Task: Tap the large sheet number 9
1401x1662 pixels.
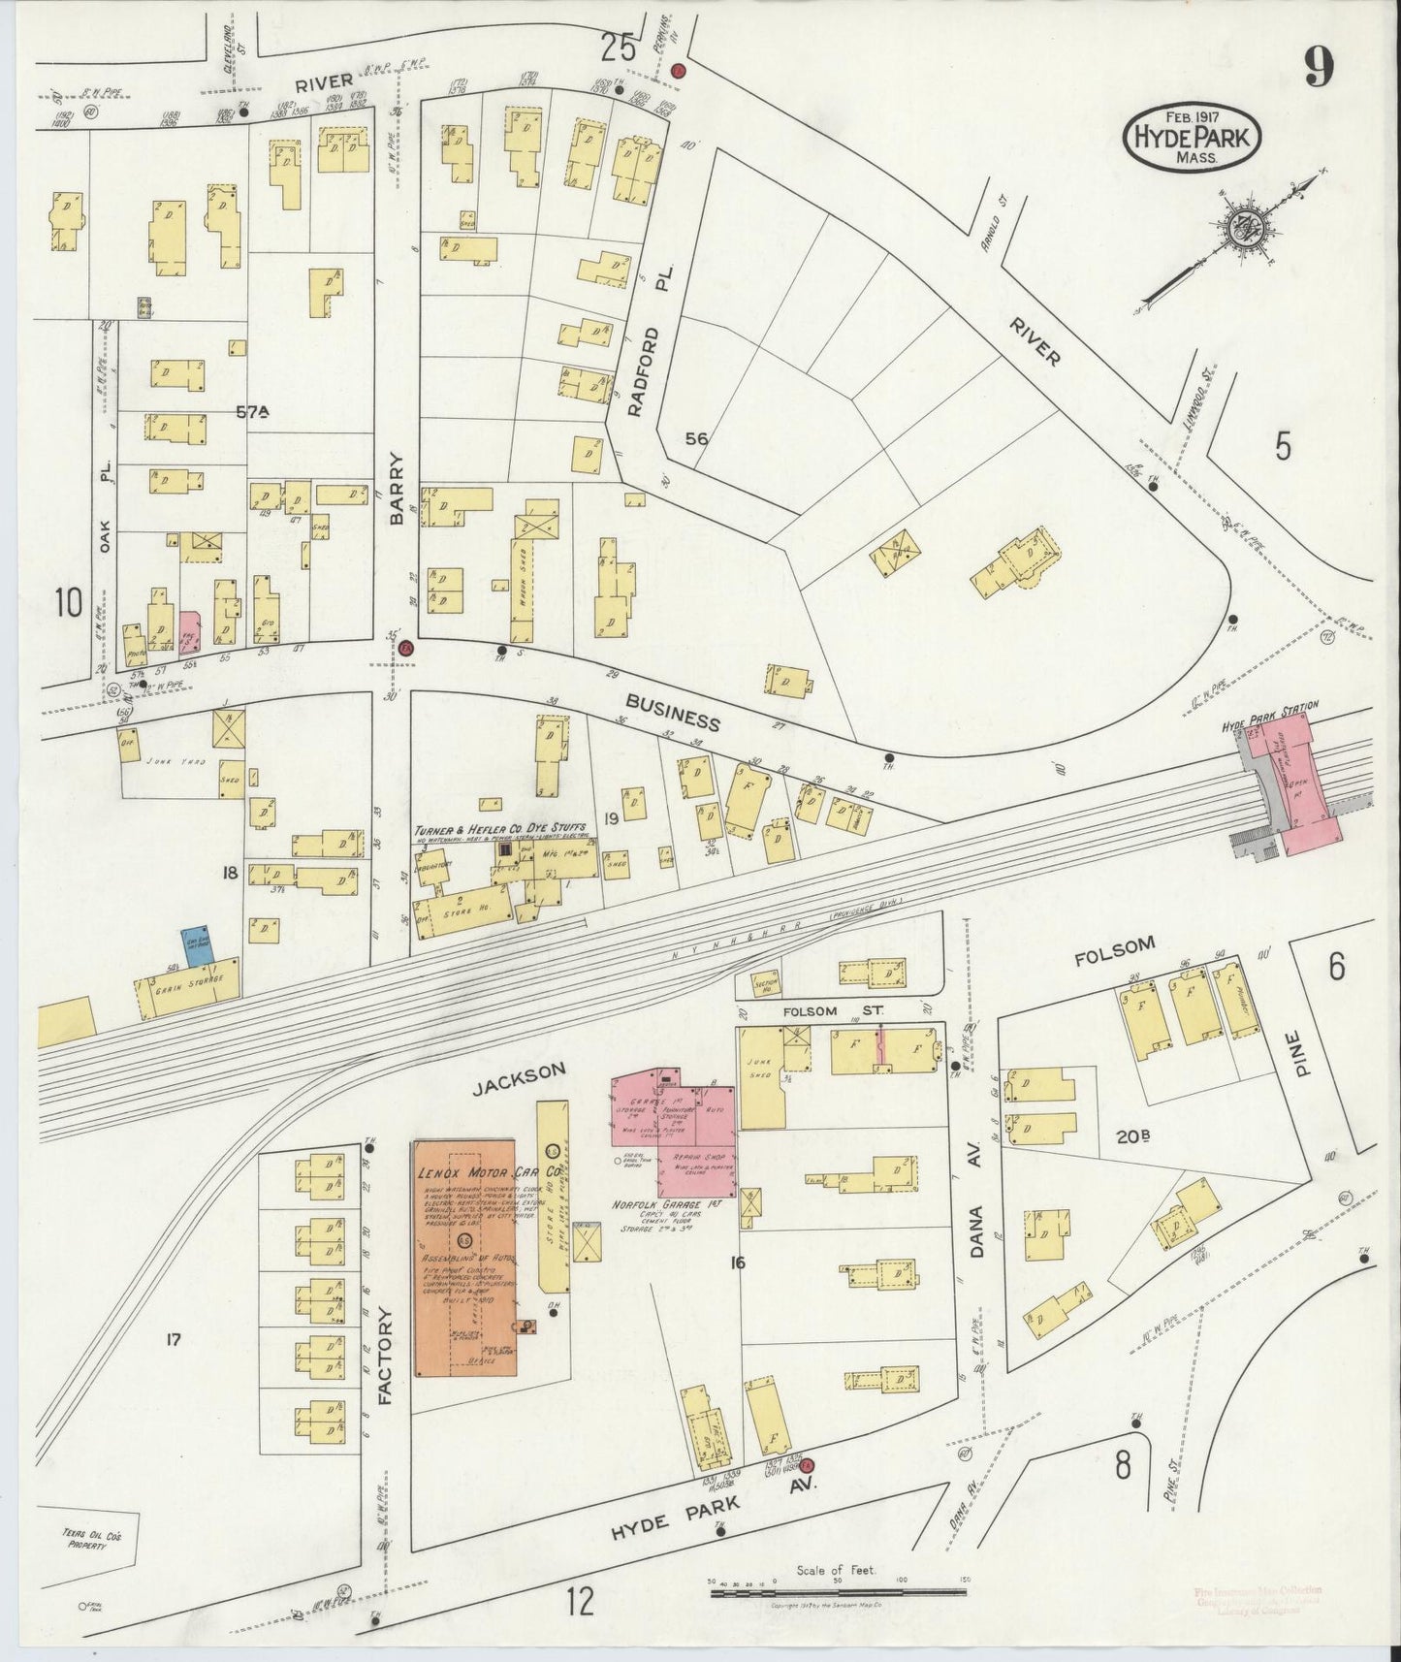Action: [1318, 68]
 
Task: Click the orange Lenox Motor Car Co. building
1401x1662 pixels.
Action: [464, 1260]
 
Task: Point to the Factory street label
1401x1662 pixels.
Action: [384, 1358]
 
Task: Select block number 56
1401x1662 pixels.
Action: [696, 438]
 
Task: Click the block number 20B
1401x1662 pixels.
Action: [1132, 1136]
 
